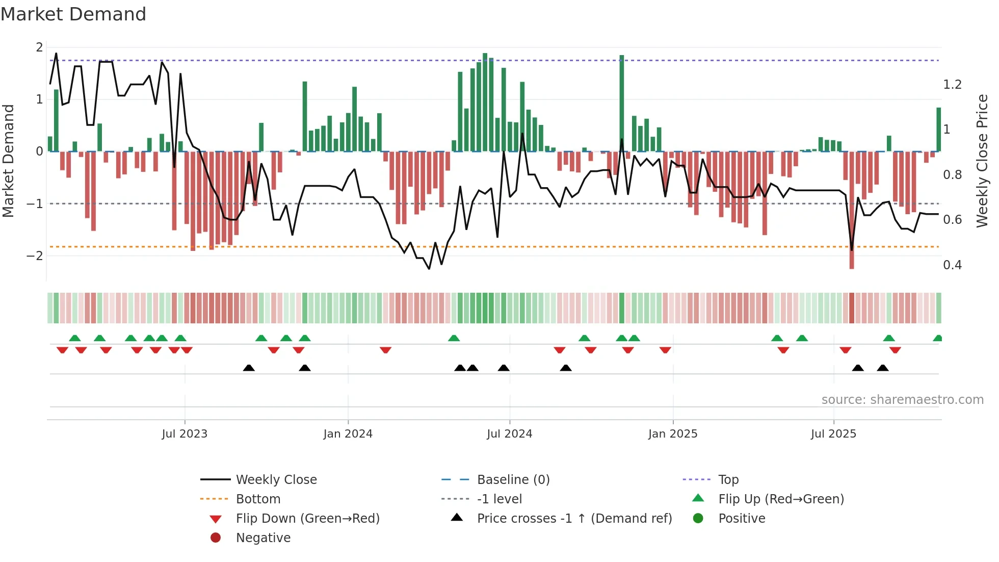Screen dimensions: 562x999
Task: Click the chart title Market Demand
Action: tap(73, 14)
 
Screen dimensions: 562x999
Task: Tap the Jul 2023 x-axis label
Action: tap(185, 434)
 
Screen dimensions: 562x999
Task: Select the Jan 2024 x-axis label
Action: tap(348, 434)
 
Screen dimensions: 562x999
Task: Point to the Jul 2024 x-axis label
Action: tap(509, 434)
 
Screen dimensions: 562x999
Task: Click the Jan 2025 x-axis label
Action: tap(673, 434)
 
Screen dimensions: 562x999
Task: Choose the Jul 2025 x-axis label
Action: tap(833, 434)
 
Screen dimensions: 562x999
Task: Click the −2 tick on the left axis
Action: tap(35, 256)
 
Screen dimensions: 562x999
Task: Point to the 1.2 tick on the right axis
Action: tap(952, 85)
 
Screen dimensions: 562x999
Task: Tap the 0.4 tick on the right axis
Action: tap(952, 265)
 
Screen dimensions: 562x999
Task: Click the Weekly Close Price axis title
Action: tap(982, 161)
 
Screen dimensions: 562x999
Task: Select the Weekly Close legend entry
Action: tap(276, 480)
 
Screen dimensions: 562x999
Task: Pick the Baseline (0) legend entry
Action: tap(513, 480)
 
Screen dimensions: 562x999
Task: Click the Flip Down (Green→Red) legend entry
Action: tap(307, 519)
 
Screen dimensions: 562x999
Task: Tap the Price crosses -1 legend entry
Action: tap(574, 519)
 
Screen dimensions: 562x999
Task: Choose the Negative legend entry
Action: tap(263, 538)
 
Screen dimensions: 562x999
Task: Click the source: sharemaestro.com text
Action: tap(902, 400)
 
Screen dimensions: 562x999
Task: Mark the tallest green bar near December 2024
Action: tap(621, 102)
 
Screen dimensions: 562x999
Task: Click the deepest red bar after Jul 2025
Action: tap(852, 209)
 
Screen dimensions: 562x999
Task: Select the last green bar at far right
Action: tap(938, 130)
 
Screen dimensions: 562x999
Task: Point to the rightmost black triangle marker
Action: tap(883, 368)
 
